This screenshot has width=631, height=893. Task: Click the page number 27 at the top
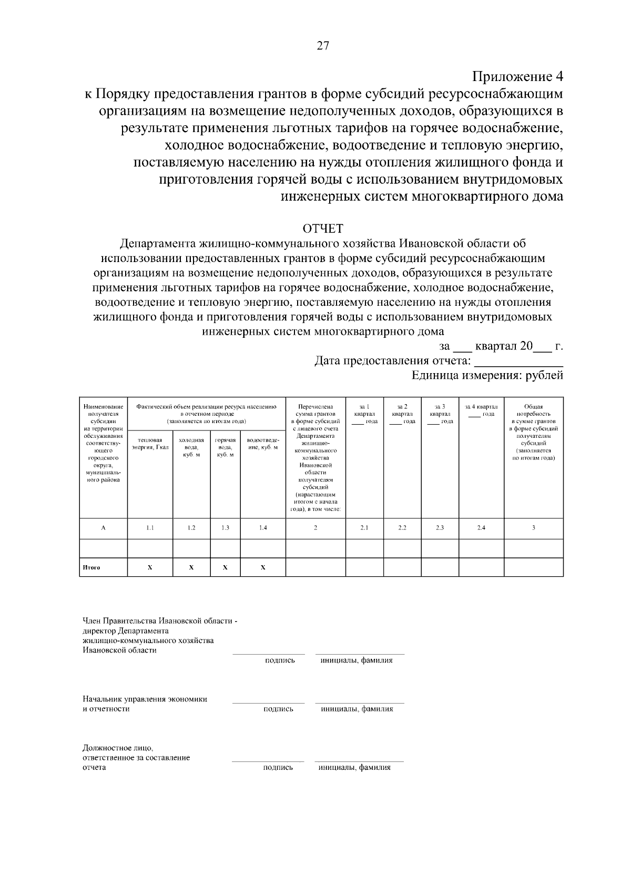pos(322,46)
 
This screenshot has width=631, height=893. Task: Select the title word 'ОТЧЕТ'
pos(322,229)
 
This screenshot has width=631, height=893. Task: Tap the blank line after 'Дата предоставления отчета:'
pos(518,362)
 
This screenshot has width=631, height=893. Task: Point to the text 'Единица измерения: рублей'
pos(487,375)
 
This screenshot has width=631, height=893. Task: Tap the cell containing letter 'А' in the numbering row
pos(103,528)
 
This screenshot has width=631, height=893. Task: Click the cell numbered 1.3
pos(225,528)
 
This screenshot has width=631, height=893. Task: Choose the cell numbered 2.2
pos(402,528)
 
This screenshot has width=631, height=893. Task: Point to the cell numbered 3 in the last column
pos(533,528)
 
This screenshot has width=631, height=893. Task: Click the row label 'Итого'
pos(91,567)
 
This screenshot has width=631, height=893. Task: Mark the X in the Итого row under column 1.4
pos(263,567)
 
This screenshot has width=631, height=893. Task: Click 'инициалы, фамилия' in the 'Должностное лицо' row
pos(354,767)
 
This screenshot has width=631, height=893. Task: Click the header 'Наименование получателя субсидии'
pos(103,414)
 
